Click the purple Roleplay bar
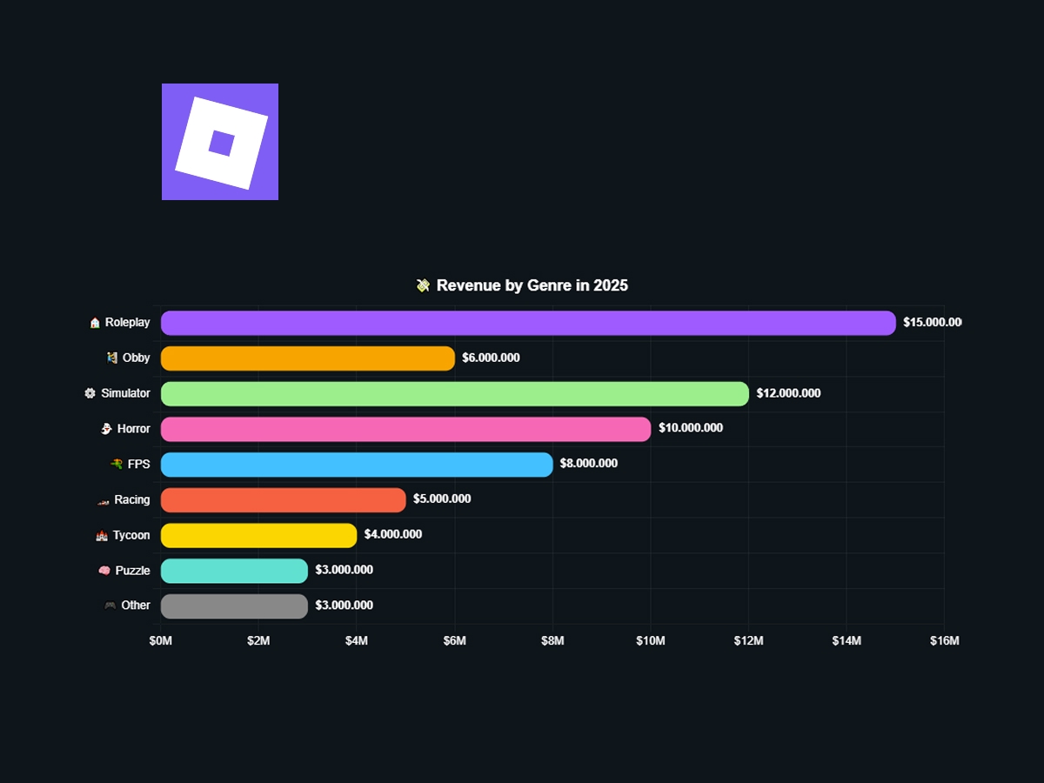click(528, 323)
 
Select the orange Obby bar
click(308, 358)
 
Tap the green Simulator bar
click(454, 393)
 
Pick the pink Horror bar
click(405, 429)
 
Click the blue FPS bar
click(357, 465)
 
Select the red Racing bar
click(284, 500)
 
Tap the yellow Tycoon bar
click(259, 536)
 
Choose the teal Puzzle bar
click(235, 571)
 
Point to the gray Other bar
click(235, 606)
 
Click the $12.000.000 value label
click(788, 393)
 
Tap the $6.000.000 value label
click(491, 358)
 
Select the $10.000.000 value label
click(691, 428)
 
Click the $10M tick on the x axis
click(651, 641)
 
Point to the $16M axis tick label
click(944, 641)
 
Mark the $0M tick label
click(161, 641)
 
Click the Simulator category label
click(125, 393)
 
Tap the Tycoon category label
click(131, 535)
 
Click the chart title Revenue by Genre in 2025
click(532, 285)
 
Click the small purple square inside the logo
click(221, 143)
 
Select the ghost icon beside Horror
click(105, 429)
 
